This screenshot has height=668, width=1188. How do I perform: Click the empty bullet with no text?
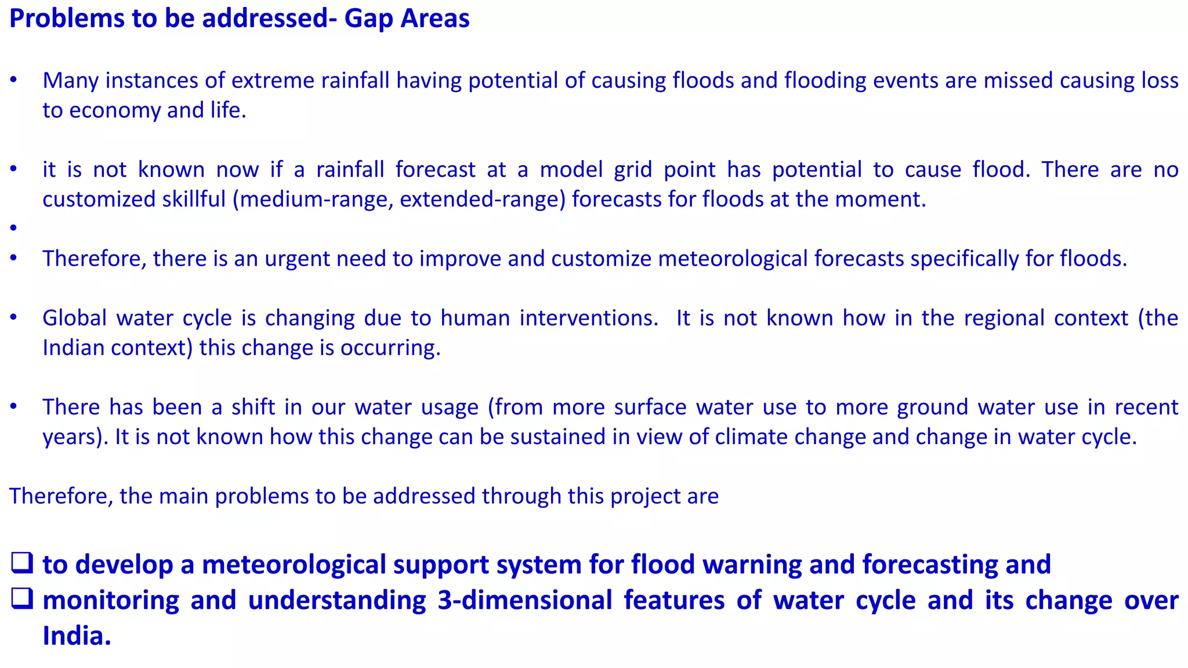pyautogui.click(x=13, y=228)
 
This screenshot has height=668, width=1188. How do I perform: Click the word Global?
pyautogui.click(x=74, y=318)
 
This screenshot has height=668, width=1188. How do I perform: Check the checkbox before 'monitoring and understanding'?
pyautogui.click(x=21, y=600)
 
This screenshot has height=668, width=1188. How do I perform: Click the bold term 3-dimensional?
pyautogui.click(x=524, y=600)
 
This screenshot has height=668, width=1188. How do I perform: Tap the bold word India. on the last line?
pyautogui.click(x=77, y=636)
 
